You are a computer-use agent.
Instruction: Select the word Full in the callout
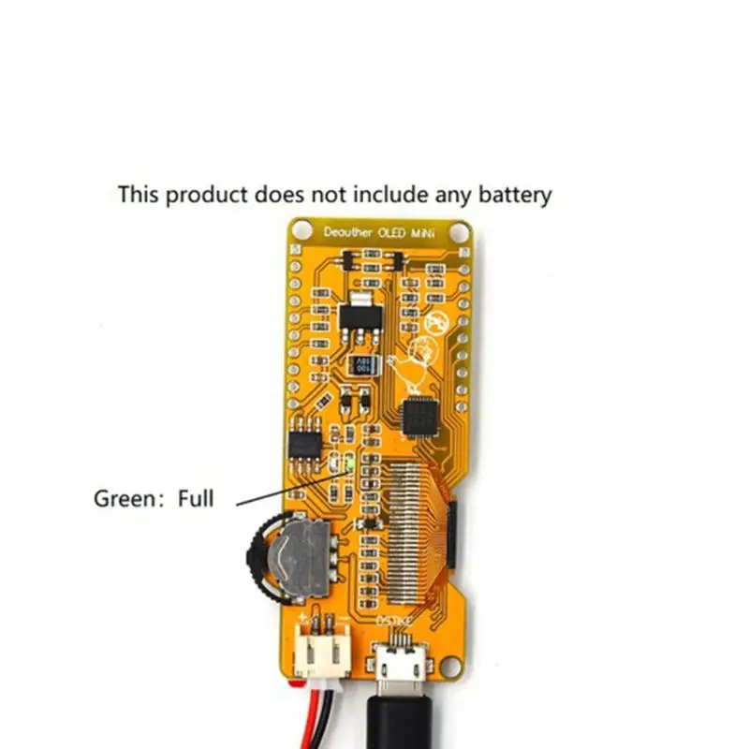(196, 498)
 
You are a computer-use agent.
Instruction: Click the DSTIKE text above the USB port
(392, 619)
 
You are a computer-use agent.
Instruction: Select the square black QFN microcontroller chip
(420, 414)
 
